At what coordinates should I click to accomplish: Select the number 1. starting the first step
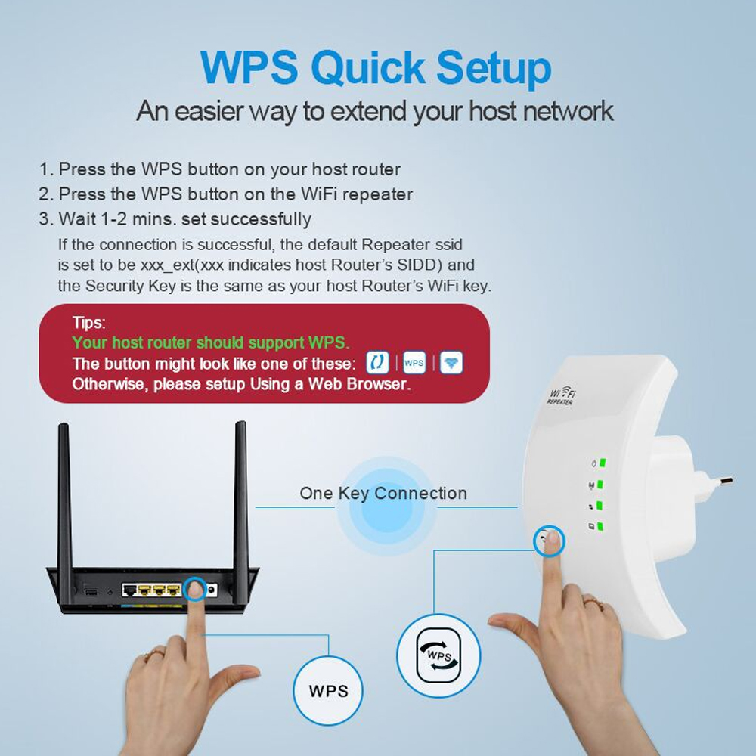(x=47, y=169)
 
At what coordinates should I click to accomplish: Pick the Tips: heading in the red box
(x=88, y=323)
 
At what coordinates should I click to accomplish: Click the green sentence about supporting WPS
(x=211, y=342)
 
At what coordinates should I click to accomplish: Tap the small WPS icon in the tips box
(x=414, y=363)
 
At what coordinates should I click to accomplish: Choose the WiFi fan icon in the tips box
(x=451, y=363)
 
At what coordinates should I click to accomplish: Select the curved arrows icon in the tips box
(x=377, y=363)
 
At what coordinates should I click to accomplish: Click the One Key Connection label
(x=383, y=494)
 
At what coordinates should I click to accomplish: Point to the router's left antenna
(x=64, y=491)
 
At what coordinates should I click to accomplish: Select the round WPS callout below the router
(x=328, y=690)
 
